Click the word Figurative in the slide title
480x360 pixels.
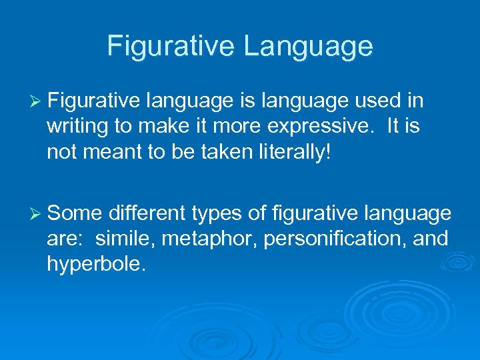click(x=171, y=46)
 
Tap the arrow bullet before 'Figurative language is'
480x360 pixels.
click(x=37, y=101)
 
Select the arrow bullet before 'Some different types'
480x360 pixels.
click(x=37, y=213)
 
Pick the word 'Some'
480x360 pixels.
click(x=75, y=213)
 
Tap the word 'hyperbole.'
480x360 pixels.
click(x=95, y=264)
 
